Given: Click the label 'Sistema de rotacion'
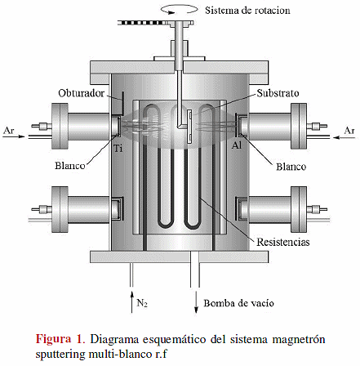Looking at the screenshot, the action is [x=247, y=11].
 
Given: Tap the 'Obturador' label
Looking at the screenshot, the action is [x=81, y=93].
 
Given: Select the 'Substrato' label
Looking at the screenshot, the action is [x=278, y=93].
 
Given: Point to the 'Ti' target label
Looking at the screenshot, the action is [x=118, y=149].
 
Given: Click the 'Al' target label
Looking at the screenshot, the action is [x=237, y=145].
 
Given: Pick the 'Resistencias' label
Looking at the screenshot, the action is [x=283, y=242].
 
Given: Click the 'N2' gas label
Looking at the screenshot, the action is [x=142, y=303].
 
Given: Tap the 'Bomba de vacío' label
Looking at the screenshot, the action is [x=238, y=303].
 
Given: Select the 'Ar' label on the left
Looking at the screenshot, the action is [x=8, y=131].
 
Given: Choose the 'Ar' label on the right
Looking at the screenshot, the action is [x=349, y=131].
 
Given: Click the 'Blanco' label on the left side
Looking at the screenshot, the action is [x=70, y=166].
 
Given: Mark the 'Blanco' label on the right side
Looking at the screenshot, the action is [x=291, y=167].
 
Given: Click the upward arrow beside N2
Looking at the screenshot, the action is [x=131, y=301].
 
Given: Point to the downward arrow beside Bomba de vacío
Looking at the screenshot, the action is [x=196, y=301].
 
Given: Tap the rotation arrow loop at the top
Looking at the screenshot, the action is [x=180, y=10].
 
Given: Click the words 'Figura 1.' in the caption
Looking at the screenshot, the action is [x=60, y=339].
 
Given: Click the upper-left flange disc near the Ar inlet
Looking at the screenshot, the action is [x=60, y=126].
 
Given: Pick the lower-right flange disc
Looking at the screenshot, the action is [x=299, y=209].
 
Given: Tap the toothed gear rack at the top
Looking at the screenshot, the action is [x=156, y=23].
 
